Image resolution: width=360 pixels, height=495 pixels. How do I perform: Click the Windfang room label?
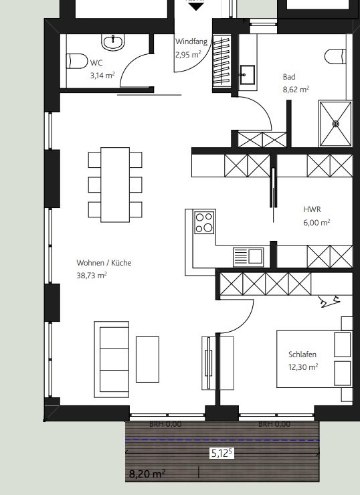pos(191,41)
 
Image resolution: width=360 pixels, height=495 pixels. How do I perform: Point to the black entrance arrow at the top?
pos(194,5)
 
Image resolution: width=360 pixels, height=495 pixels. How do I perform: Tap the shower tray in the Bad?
pos(335,124)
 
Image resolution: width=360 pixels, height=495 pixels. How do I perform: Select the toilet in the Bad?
pos(335,56)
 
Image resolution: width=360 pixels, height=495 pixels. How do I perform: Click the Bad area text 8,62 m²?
pos(294,88)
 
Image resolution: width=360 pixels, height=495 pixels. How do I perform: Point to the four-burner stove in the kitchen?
pos(204,222)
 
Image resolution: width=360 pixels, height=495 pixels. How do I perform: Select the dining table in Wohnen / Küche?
pos(115,184)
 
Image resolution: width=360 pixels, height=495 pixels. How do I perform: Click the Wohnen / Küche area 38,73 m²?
pos(92,275)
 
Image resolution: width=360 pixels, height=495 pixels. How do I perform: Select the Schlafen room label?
pos(302,355)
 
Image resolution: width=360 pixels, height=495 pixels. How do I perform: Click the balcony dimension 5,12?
pos(221,453)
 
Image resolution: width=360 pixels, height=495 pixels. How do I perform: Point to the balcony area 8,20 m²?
pos(147,474)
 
